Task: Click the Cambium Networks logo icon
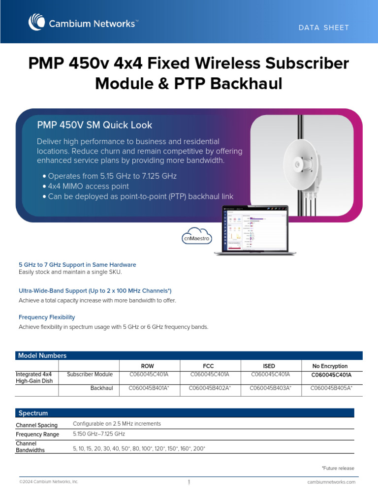point(37,23)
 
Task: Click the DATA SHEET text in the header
point(323,28)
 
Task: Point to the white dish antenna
point(301,163)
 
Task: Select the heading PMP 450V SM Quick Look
point(95,125)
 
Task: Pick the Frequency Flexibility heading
point(47,317)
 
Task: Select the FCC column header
point(209,366)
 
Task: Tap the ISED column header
point(269,366)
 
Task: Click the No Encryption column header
point(330,366)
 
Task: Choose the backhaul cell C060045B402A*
point(210,388)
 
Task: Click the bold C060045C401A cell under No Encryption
point(331,375)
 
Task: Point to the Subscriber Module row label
point(90,375)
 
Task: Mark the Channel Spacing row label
point(36,425)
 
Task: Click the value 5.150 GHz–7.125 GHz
point(99,434)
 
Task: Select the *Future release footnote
point(338,468)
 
